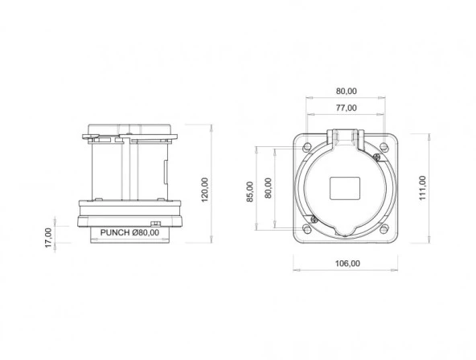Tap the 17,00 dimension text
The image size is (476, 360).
coord(47,235)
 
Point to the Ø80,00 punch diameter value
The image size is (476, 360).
coord(146,233)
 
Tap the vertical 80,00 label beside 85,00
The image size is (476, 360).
coord(269,187)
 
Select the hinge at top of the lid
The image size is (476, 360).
coord(346,137)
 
